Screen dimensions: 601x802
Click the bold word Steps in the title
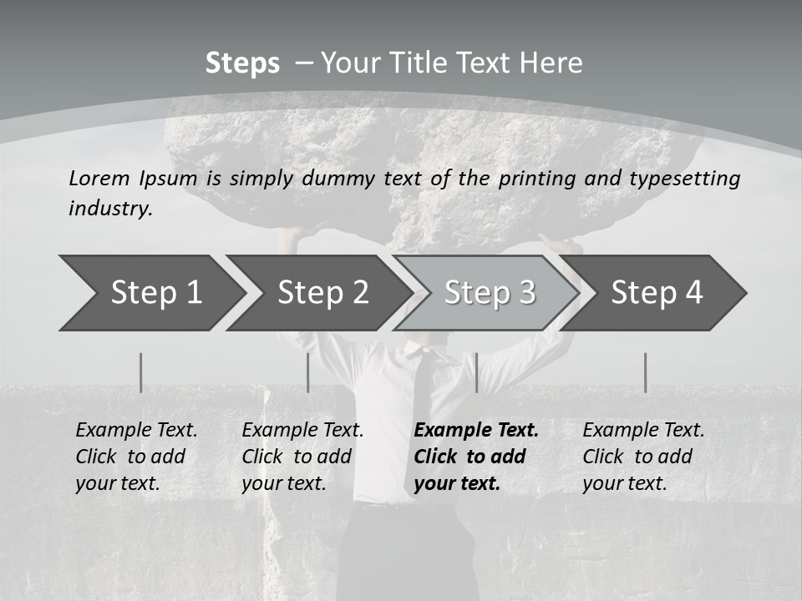coord(242,63)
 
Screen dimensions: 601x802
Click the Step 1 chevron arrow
coord(150,292)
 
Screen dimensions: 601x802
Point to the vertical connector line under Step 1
coord(140,372)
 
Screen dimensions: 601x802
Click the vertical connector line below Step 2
coord(308,372)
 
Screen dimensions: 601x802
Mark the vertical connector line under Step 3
coord(476,372)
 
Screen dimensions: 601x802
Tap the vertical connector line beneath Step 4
coord(645,372)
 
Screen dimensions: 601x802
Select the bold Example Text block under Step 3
coord(476,457)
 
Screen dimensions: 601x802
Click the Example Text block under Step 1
coord(136,457)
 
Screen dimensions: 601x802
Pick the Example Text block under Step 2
coord(302,457)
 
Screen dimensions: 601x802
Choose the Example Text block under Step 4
coord(643,457)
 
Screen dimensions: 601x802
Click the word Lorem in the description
coord(99,178)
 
